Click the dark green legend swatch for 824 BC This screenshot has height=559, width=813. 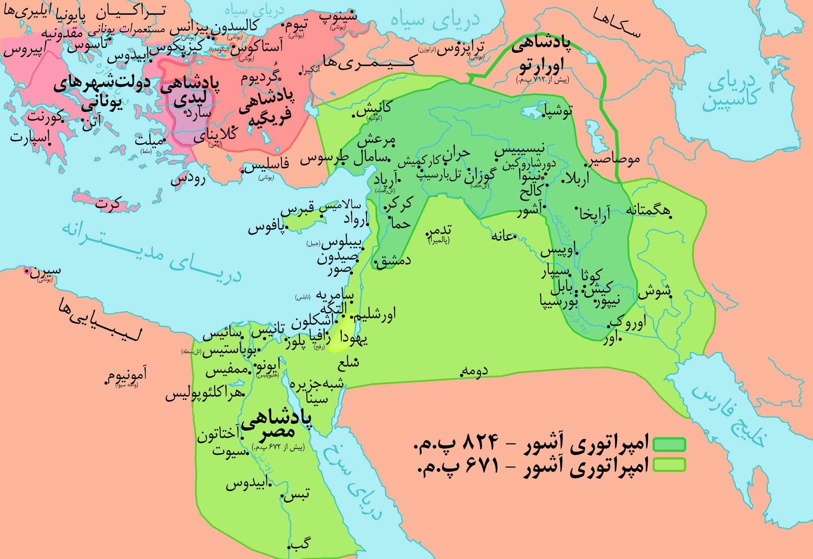click(669, 445)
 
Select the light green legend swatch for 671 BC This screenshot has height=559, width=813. click(669, 465)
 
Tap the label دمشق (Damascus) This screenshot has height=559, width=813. click(394, 261)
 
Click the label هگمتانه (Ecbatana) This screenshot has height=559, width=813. click(648, 210)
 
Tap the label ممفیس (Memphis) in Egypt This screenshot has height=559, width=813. click(228, 370)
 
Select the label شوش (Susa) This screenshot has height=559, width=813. click(654, 292)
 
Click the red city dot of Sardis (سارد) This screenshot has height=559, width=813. click(185, 112)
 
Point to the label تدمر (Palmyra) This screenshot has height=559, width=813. click(440, 230)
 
